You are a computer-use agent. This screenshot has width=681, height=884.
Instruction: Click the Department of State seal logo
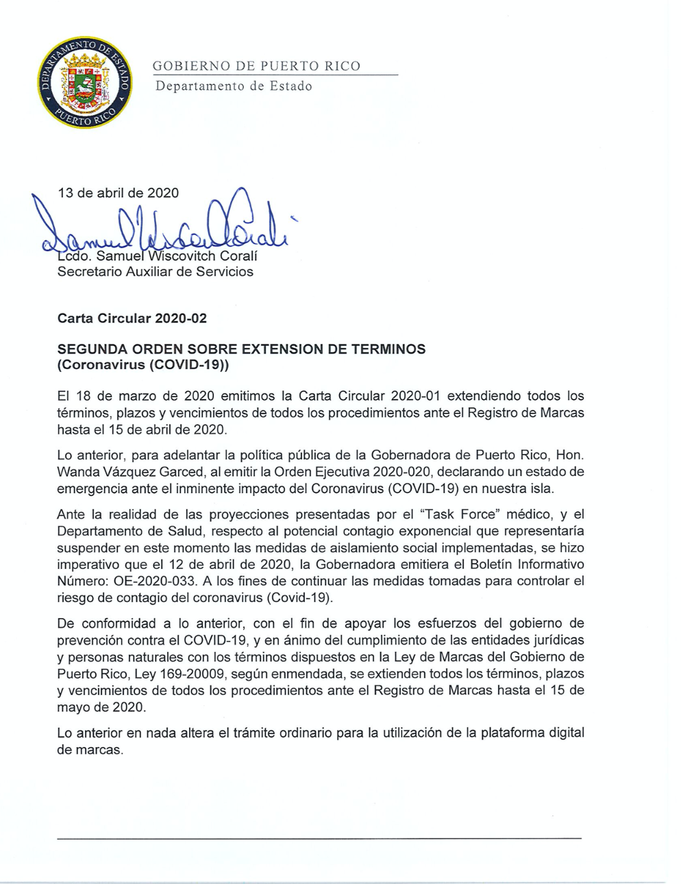pos(86,82)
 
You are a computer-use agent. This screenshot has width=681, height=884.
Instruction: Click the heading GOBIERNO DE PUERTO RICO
pos(256,66)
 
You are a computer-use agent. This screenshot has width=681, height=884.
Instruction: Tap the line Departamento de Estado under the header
pos(234,86)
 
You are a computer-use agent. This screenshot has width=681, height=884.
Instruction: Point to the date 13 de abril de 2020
pos(118,192)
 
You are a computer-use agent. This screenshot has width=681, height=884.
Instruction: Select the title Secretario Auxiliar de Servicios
pos(155,272)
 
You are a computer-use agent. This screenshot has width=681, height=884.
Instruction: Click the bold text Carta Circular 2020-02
pos(132,318)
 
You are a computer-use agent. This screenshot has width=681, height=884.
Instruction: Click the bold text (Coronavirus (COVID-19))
pos(143,365)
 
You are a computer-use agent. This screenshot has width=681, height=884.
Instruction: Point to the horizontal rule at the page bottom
pos(319,837)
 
